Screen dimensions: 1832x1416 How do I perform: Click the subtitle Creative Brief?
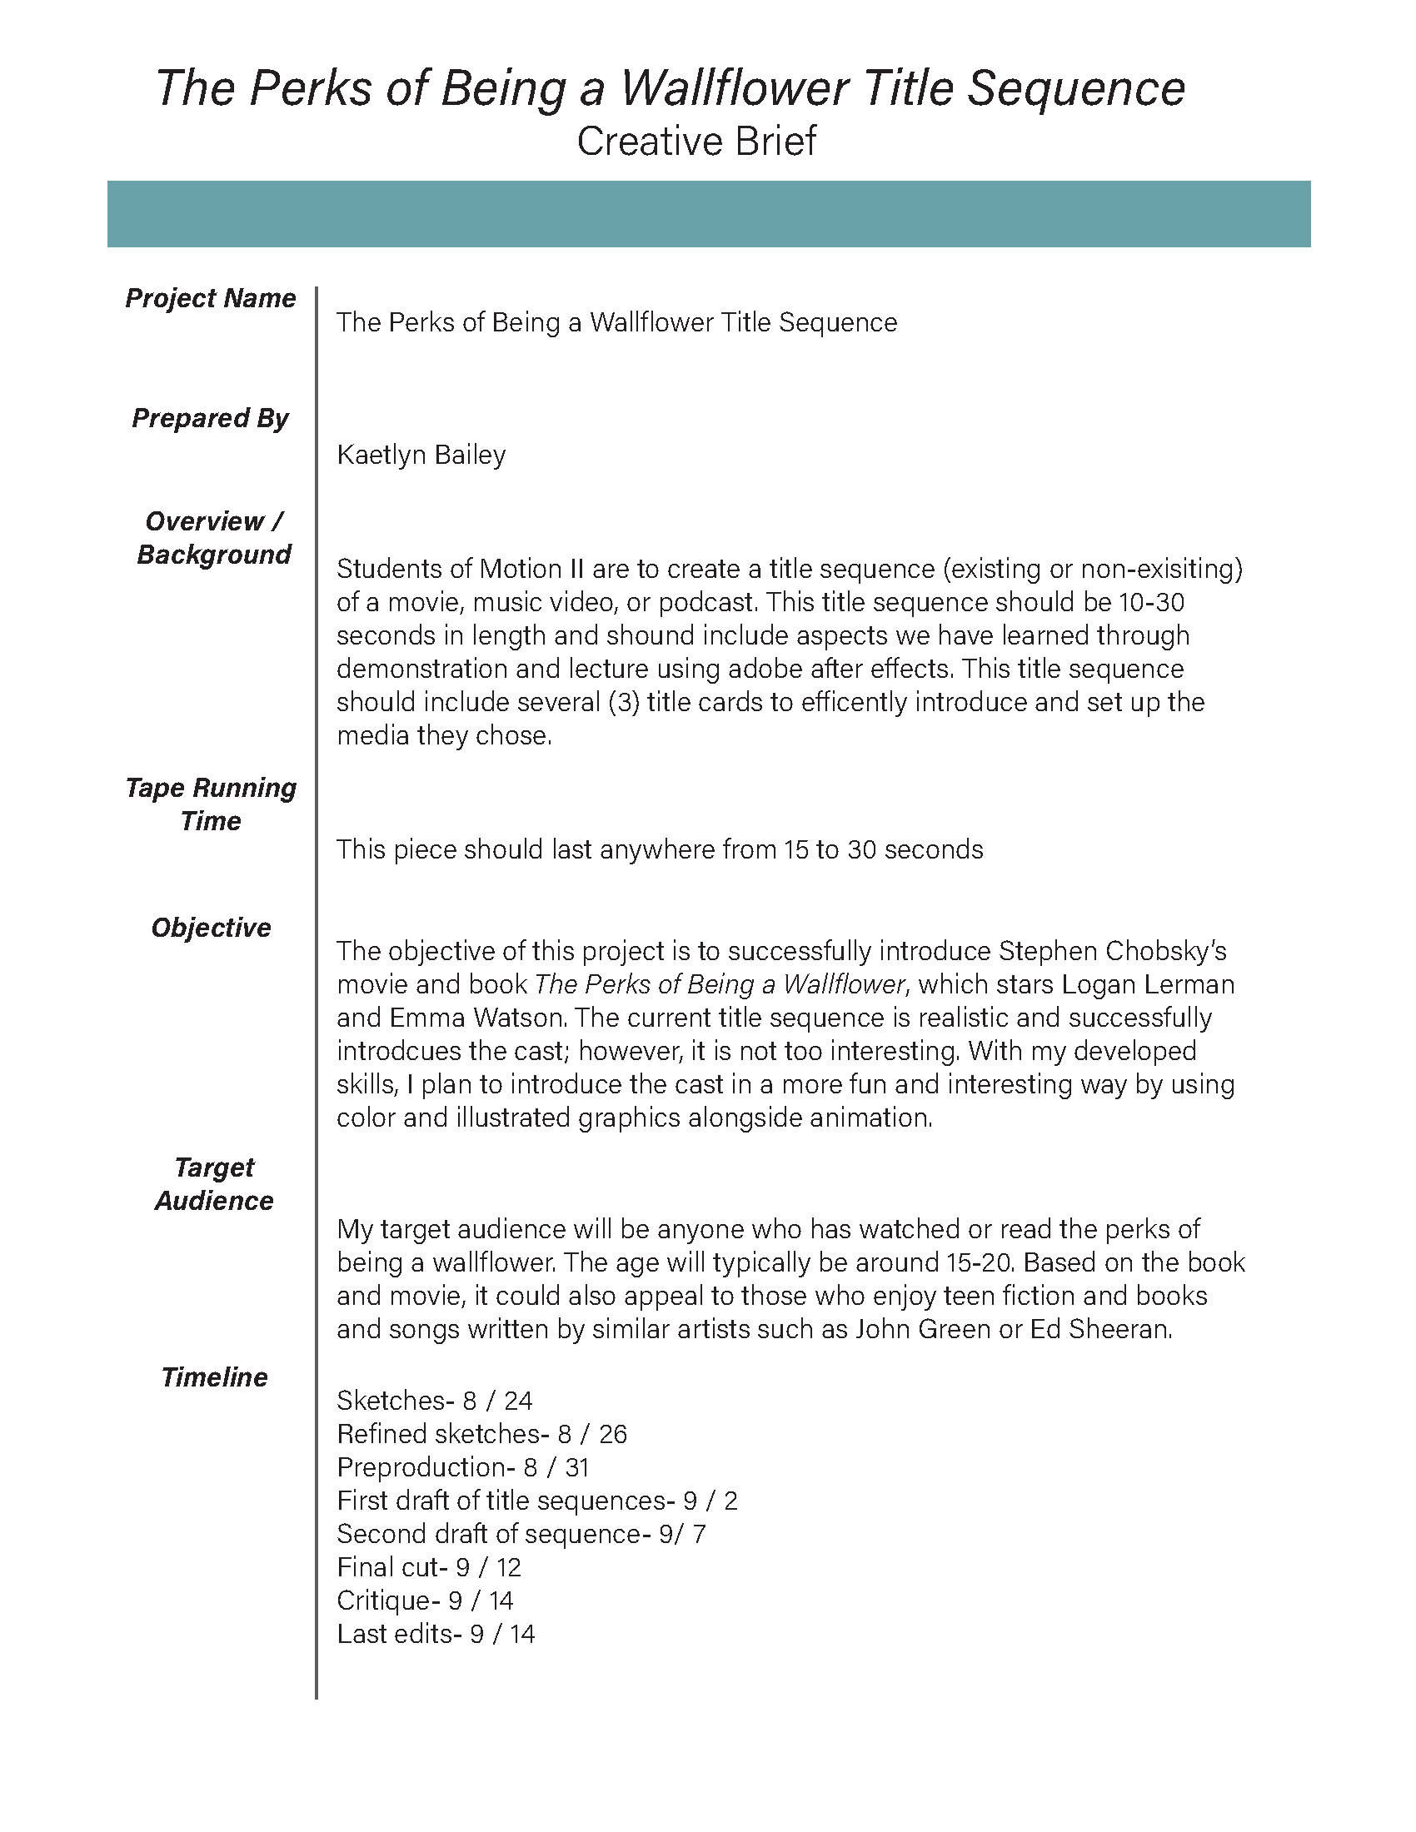(x=696, y=141)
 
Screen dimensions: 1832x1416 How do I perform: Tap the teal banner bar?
(x=708, y=214)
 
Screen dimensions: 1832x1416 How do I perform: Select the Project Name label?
(x=211, y=299)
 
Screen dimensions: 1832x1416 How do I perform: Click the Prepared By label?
(x=211, y=418)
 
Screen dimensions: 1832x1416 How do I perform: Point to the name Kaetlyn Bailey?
(x=421, y=455)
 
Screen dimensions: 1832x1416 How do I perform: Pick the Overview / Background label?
(x=214, y=538)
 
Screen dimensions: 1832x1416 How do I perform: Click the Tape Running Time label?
(x=211, y=804)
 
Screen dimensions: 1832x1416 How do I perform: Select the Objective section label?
(x=211, y=928)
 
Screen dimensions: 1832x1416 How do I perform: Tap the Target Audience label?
(x=214, y=1183)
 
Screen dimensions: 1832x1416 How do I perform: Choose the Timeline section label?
(x=214, y=1377)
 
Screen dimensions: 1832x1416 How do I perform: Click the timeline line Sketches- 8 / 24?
(x=435, y=1401)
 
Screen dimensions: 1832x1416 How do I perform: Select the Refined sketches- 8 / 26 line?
(x=481, y=1435)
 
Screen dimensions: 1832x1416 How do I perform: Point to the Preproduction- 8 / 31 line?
(x=463, y=1467)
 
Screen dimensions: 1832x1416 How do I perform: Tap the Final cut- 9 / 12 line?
(x=429, y=1567)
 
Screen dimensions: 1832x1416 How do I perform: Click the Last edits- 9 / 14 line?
(x=436, y=1634)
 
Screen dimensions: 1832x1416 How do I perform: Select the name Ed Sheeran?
(x=1099, y=1330)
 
